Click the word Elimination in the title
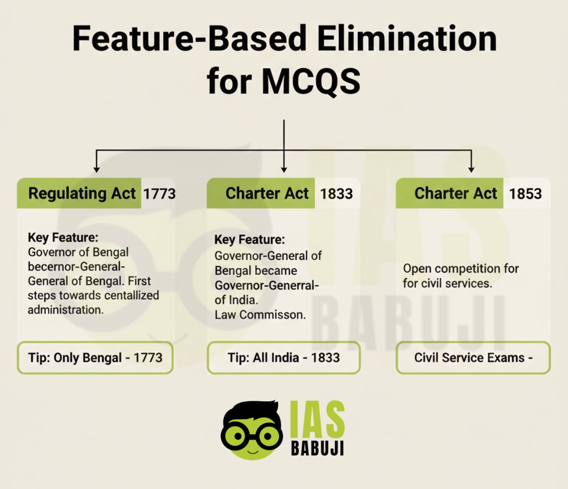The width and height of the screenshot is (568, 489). pos(407,39)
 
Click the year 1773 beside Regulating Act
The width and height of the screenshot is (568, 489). pos(159,194)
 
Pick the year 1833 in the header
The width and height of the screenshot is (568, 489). pos(336,194)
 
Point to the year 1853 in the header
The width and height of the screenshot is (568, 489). pos(525,194)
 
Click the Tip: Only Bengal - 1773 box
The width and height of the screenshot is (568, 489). pos(95,358)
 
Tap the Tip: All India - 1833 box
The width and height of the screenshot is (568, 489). pos(284,358)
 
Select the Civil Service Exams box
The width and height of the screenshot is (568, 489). pos(473,358)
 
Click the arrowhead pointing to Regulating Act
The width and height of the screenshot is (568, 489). pos(97,169)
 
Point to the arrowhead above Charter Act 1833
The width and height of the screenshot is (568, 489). pos(284,169)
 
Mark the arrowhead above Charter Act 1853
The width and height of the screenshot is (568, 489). pos(471,169)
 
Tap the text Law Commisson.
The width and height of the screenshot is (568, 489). pos(260,315)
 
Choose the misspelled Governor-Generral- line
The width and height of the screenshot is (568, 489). pos(266,286)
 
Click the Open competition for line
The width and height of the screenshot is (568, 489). pos(461,269)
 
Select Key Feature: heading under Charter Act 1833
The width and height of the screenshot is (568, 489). pos(249,240)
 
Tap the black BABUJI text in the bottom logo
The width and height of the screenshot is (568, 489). pos(317,448)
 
